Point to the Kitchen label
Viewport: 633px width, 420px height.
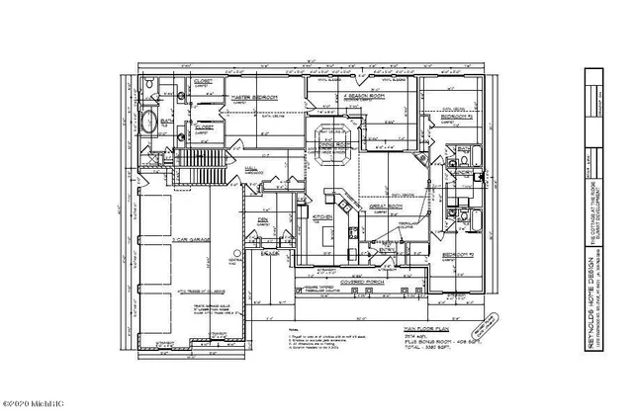point(321,215)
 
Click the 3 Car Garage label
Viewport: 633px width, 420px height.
point(186,240)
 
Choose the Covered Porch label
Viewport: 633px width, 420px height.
point(362,281)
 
